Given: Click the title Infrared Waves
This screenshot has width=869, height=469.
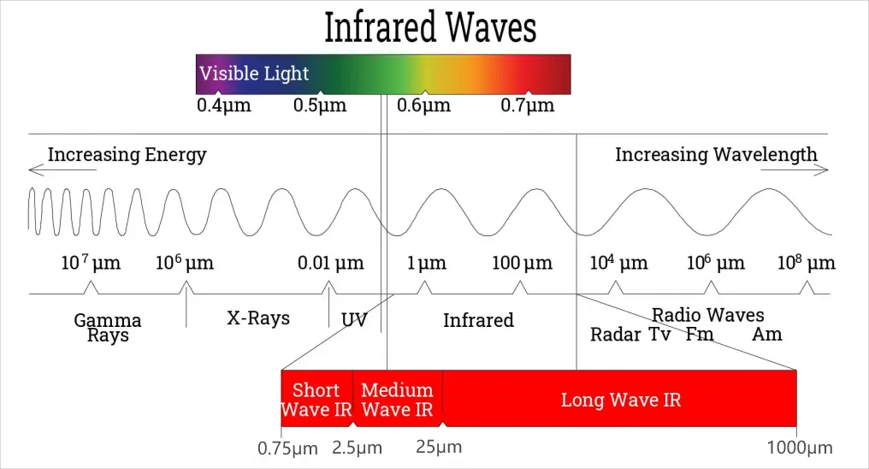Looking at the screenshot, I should pos(430,27).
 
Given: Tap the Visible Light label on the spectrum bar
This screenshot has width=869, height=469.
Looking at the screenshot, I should pos(254,74).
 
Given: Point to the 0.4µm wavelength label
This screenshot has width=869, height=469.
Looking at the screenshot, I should pos(224,106).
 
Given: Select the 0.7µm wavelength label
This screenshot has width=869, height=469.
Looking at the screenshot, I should pos(527,106).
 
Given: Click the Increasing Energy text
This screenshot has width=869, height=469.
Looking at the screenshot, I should pos(127,155).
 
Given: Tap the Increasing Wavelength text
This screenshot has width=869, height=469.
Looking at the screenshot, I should pos(716,155).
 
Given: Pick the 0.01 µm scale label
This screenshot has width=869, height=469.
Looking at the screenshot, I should pos(330,264).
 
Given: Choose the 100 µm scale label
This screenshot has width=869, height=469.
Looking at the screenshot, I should pos(522,264).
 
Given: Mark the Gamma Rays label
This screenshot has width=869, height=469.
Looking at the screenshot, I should pos(108,327).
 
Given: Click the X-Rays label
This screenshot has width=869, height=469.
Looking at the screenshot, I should pos(258,318).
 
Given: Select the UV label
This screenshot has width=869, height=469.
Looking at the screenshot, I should pos(354,321).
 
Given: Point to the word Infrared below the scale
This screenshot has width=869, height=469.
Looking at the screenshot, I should pos(478,321).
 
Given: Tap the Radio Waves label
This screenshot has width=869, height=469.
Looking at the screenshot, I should pos(707,315).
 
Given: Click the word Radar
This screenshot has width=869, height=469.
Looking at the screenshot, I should pos(615,335).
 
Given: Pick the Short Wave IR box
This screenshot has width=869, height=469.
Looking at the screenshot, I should pos(316,400).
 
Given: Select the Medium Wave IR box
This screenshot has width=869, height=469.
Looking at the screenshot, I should pos(397,400).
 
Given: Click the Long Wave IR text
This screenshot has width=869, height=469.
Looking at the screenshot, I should pos(620,400).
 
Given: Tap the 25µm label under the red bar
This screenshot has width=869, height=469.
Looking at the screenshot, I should pos(438,447).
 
